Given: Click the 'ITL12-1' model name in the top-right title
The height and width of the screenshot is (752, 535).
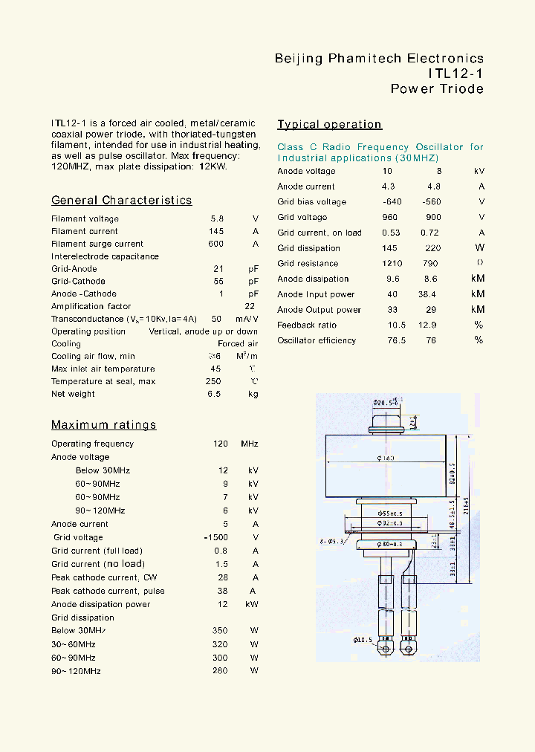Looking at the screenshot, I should [455, 74].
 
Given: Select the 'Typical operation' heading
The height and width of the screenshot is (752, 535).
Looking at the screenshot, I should [329, 125].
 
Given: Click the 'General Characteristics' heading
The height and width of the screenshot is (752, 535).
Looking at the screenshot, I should [121, 201].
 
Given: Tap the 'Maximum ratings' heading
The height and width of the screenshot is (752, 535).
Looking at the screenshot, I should [103, 425].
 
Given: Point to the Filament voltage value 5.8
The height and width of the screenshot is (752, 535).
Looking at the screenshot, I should [216, 219].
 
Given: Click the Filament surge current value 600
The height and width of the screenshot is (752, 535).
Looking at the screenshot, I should [215, 244].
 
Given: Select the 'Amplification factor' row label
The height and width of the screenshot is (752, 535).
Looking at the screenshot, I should [91, 306].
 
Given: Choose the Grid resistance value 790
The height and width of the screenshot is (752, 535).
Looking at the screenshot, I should [432, 264].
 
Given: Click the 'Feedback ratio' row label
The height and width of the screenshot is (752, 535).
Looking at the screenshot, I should [306, 325].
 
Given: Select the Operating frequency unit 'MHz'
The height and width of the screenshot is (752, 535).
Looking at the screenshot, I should [249, 444].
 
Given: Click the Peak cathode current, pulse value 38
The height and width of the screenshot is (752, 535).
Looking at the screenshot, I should [222, 591].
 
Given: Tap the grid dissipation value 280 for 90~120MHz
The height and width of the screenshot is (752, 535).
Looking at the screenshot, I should [219, 671].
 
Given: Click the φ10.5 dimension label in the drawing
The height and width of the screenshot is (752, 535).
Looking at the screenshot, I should [362, 640].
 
